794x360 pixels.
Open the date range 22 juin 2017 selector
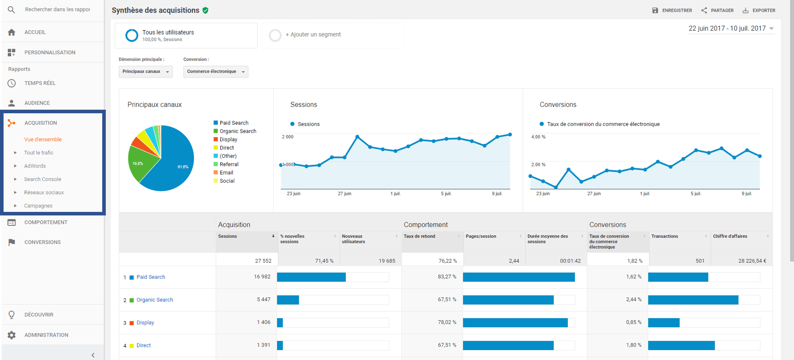731,29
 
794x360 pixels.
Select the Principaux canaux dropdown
145,72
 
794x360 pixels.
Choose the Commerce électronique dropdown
216,72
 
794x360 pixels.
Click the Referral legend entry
229,164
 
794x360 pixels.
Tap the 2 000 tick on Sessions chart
288,137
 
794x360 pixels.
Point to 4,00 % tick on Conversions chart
538,137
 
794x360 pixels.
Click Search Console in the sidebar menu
42,179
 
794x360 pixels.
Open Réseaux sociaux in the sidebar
44,192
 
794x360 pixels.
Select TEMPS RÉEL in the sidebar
40,83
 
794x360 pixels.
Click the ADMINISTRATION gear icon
11,335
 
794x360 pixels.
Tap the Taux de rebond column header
420,236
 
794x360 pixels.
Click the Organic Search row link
155,300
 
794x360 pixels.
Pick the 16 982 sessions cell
262,277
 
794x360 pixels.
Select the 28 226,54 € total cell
752,261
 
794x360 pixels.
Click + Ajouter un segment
313,35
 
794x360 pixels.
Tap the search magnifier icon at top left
11,10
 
